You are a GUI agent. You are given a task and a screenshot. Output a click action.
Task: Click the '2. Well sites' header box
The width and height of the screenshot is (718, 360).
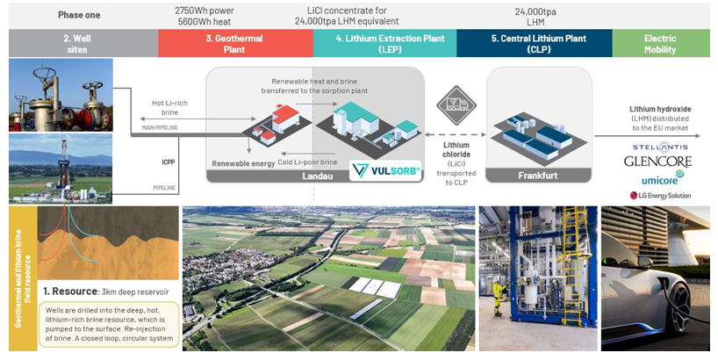pyautogui.click(x=79, y=43)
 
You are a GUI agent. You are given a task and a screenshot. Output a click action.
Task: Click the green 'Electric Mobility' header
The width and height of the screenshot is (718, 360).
pyautogui.click(x=660, y=43)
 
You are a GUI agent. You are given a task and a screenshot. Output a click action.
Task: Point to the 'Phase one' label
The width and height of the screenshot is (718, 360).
pyautogui.click(x=79, y=15)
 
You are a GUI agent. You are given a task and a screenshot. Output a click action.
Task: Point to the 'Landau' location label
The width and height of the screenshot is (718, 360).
pyautogui.click(x=314, y=175)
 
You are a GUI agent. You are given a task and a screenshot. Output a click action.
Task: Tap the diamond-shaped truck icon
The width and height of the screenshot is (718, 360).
pyautogui.click(x=456, y=104)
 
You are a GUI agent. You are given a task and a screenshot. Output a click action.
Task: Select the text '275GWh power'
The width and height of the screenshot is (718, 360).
pyautogui.click(x=204, y=11)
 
